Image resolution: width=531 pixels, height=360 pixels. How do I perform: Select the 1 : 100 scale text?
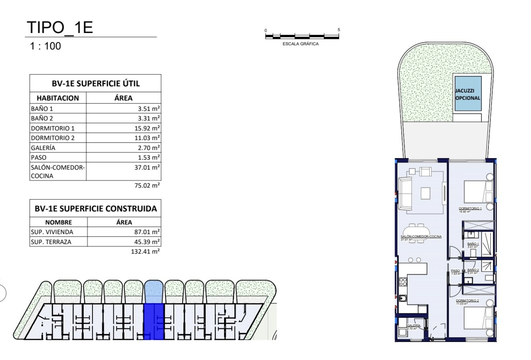(x=45, y=46)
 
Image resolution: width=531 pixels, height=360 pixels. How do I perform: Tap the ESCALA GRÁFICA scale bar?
(x=302, y=37)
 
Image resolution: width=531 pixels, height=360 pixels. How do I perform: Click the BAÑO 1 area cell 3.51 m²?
(x=147, y=109)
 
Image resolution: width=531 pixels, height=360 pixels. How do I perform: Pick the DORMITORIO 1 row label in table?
(x=53, y=128)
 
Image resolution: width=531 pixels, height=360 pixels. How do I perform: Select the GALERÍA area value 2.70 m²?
(x=147, y=148)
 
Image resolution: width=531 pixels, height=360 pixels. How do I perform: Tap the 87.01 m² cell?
(x=147, y=232)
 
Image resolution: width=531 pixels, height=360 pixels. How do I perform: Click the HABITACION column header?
(x=58, y=98)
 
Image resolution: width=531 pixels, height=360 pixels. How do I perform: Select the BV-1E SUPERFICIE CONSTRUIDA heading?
(x=96, y=209)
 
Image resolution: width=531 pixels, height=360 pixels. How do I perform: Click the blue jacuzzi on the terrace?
(x=468, y=93)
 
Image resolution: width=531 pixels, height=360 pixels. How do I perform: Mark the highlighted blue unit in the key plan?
(x=154, y=321)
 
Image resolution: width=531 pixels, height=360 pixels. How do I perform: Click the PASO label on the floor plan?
(x=455, y=271)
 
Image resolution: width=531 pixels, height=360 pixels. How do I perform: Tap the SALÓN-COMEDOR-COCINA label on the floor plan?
(x=421, y=237)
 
